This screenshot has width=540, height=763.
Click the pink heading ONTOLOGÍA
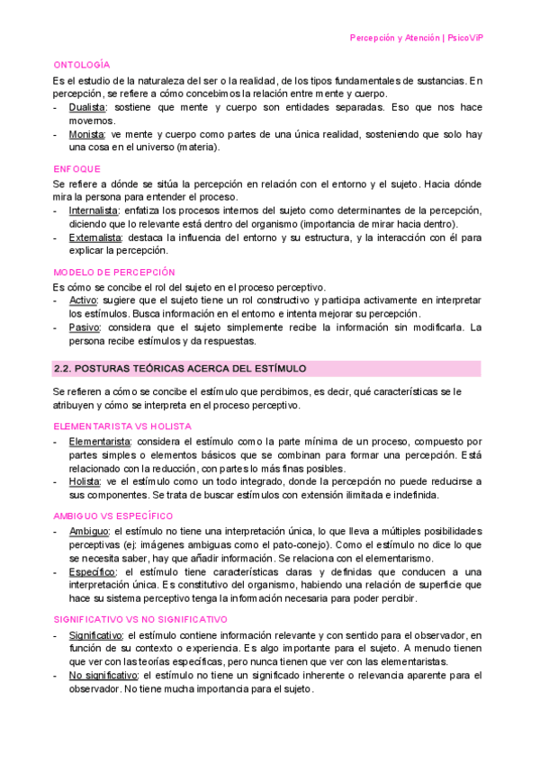coord(82,66)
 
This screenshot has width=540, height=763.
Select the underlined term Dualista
coord(87,107)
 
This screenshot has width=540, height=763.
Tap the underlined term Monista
coord(86,134)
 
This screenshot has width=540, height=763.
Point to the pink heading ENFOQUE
coord(77,169)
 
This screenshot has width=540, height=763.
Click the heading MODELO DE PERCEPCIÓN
coord(114,273)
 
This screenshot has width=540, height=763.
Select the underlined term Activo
coord(83,301)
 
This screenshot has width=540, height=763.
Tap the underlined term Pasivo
coord(84,328)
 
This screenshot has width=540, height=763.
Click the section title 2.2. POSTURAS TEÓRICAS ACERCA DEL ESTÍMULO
coord(180,369)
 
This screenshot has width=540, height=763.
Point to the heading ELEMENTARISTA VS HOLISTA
coord(122,426)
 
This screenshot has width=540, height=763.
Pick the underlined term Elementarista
coord(99,442)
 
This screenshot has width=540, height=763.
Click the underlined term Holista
coord(85,481)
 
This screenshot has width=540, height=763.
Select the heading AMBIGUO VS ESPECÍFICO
coord(113,516)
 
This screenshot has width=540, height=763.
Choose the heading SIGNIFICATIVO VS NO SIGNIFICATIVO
coord(139,620)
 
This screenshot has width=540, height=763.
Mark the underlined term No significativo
coord(103,675)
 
